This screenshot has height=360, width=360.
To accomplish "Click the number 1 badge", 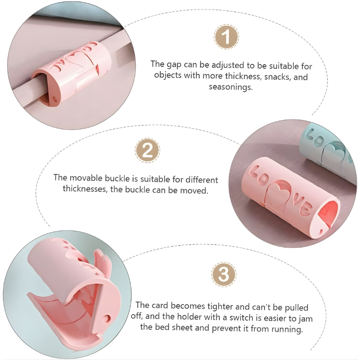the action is (x=226, y=37).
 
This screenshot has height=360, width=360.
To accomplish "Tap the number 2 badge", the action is (x=148, y=150).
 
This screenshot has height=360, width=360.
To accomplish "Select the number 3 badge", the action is (x=224, y=274).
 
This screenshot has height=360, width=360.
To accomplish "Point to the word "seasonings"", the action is (x=231, y=87).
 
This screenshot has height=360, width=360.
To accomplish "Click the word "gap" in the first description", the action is (x=174, y=65).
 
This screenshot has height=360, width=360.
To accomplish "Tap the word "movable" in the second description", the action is (x=86, y=178).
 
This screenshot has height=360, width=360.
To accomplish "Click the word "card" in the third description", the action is (x=160, y=306).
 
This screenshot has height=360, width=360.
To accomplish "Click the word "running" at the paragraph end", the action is (x=287, y=329).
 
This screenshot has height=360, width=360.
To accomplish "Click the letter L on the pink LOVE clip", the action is (x=254, y=171).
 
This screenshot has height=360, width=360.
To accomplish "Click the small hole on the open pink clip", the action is (x=107, y=319).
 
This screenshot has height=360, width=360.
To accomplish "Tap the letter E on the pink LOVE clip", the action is (x=306, y=209).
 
